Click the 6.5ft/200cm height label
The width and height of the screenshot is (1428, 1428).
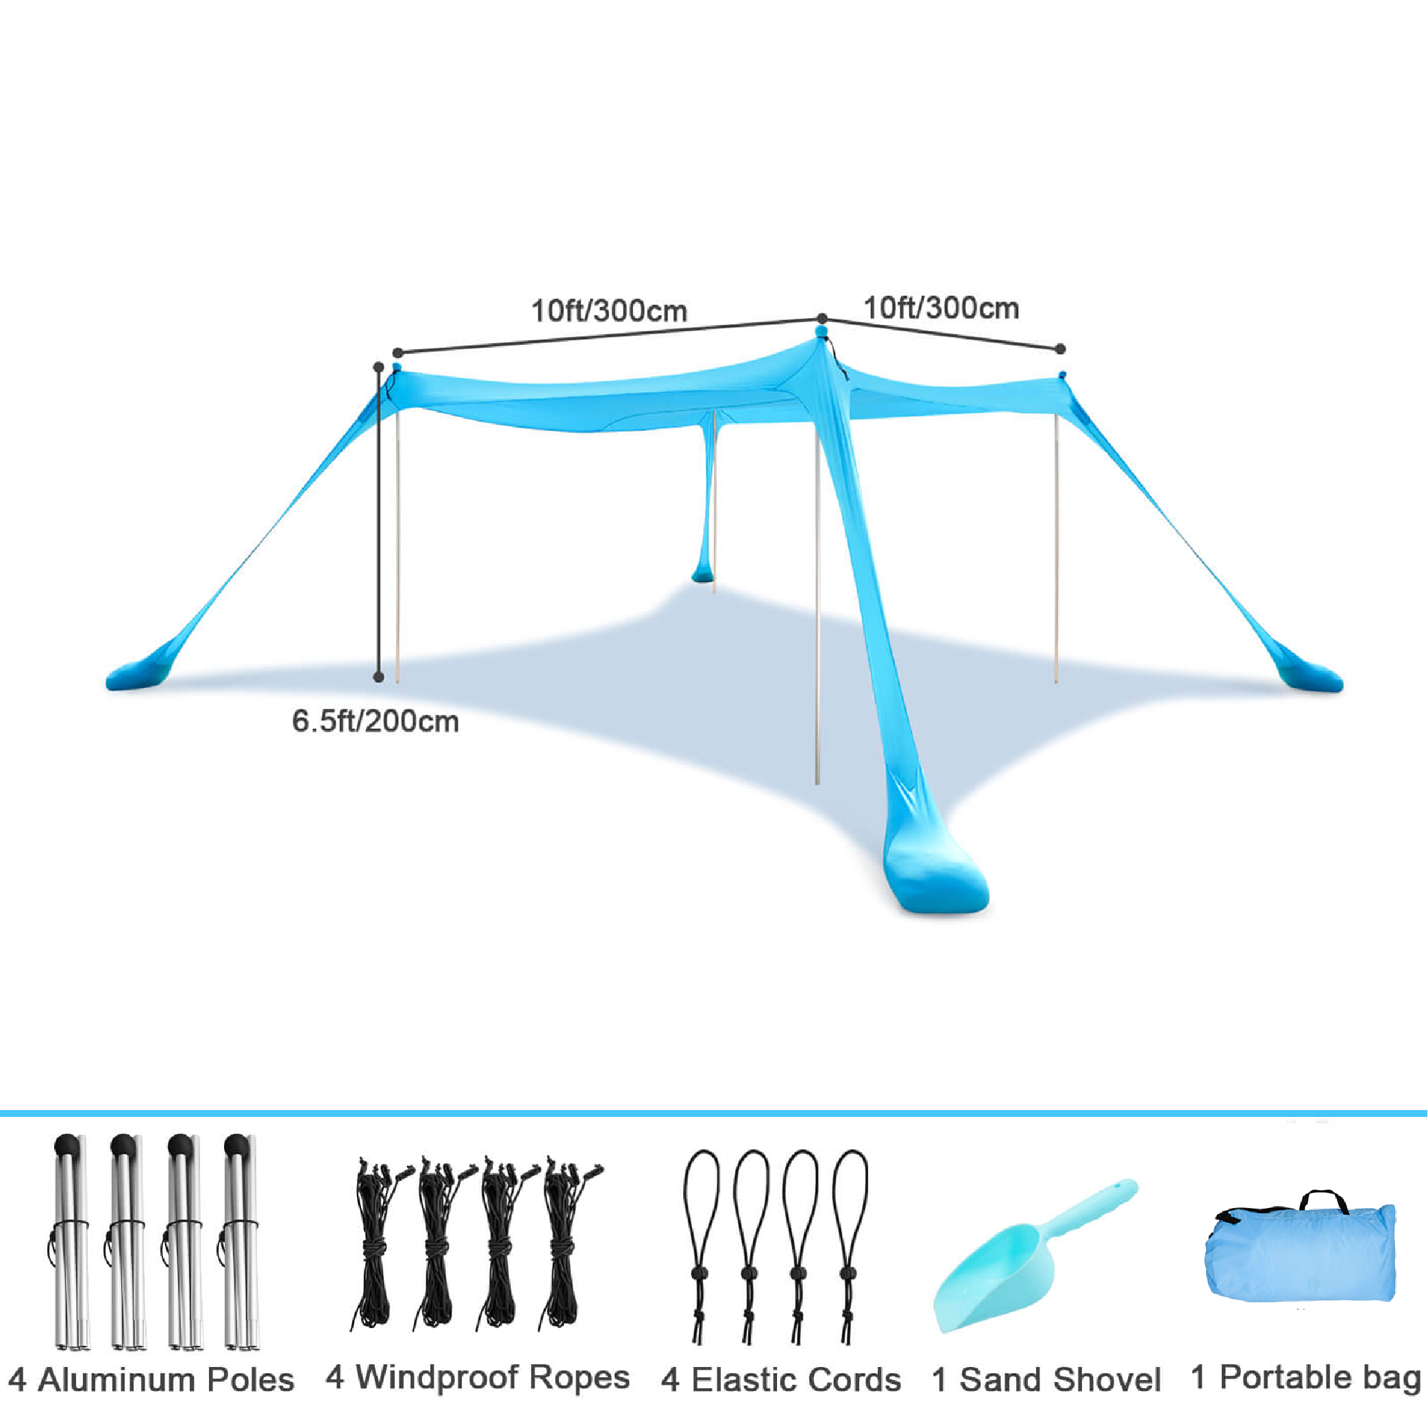tap(376, 722)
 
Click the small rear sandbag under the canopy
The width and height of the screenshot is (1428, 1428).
tap(704, 573)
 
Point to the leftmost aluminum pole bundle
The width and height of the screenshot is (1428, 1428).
tap(70, 1242)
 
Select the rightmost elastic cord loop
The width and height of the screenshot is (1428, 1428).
tap(849, 1249)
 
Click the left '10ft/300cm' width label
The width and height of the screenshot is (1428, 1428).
tap(609, 311)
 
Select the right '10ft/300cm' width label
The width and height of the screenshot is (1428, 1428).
tap(941, 308)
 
